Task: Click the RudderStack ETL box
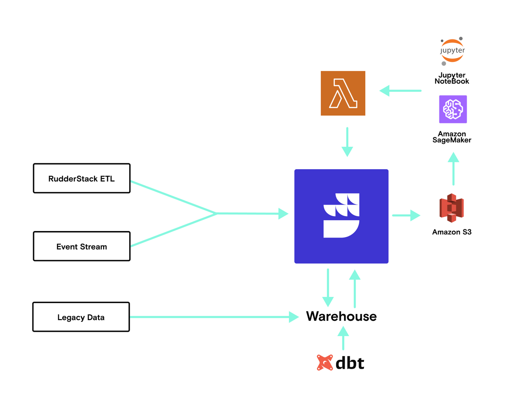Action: [81, 178]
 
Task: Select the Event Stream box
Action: [81, 246]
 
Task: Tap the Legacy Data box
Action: [81, 317]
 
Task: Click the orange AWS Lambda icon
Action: [343, 93]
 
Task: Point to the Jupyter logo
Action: [452, 51]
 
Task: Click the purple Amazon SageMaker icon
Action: [453, 109]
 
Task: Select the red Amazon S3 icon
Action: [451, 208]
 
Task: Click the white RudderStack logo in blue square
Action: [341, 216]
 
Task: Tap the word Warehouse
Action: [341, 316]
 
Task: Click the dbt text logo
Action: [350, 363]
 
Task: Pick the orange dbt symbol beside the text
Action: [325, 362]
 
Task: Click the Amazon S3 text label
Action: [452, 232]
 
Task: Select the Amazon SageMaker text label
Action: [452, 137]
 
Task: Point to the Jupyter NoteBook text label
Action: [452, 78]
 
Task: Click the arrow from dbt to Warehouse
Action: [343, 338]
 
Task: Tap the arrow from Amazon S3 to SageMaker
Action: [453, 169]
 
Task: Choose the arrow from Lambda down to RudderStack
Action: [347, 142]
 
